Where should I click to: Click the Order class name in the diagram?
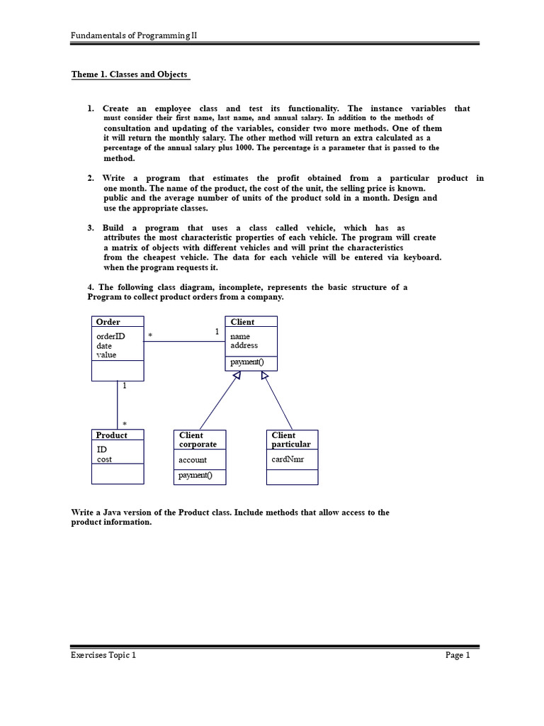tap(108, 322)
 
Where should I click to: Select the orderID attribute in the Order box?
tap(110, 336)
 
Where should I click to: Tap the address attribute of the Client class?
tap(244, 345)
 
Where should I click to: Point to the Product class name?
tap(112, 435)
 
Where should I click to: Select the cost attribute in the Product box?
tap(104, 459)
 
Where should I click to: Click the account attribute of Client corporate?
tap(193, 460)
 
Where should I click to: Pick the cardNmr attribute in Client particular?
tap(287, 459)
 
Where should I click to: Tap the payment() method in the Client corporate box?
tap(195, 475)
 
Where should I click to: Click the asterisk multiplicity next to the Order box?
tap(150, 335)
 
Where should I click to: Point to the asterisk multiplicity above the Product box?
tap(125, 423)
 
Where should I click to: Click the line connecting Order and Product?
tap(118, 404)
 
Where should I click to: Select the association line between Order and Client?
tap(184, 342)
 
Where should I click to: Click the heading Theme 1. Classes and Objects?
tap(130, 74)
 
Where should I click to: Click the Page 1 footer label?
tap(458, 655)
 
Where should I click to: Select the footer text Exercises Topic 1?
tap(103, 655)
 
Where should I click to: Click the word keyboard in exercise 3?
tap(422, 257)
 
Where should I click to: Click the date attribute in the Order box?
tap(104, 345)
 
